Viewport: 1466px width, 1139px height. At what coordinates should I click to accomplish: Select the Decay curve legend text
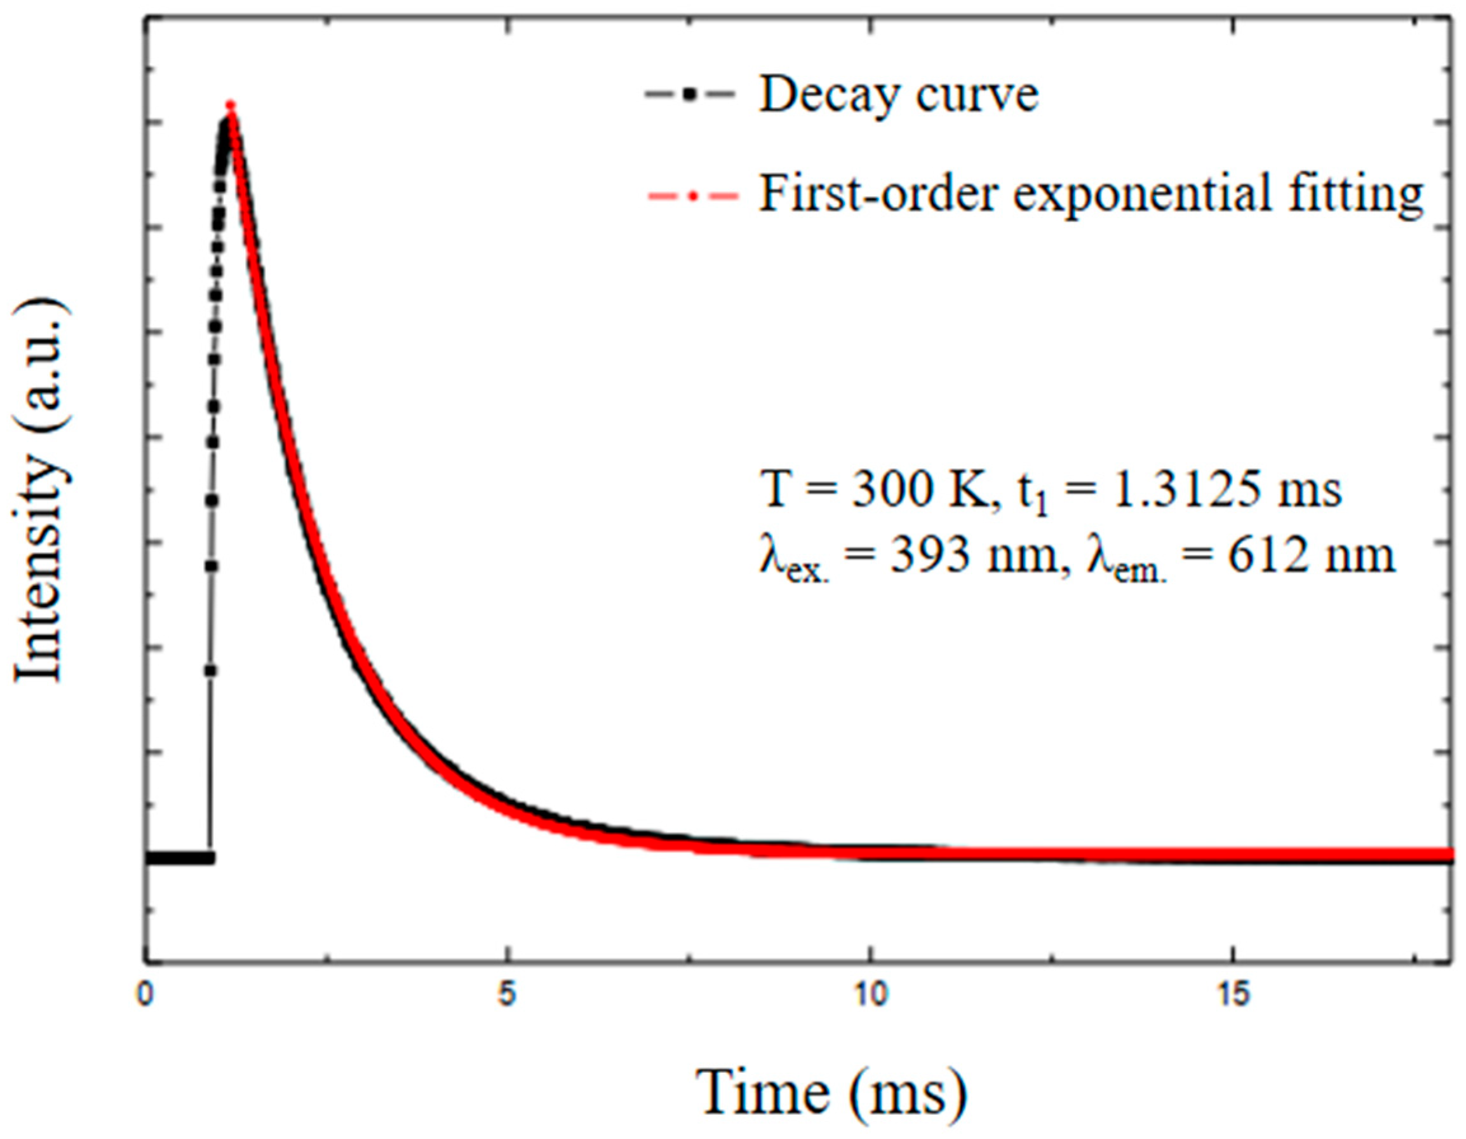point(899,96)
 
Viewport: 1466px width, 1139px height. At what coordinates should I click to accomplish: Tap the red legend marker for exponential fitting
point(691,195)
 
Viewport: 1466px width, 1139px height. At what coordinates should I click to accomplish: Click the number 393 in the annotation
point(931,556)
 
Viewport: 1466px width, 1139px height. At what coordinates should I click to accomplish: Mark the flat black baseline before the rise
point(178,857)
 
